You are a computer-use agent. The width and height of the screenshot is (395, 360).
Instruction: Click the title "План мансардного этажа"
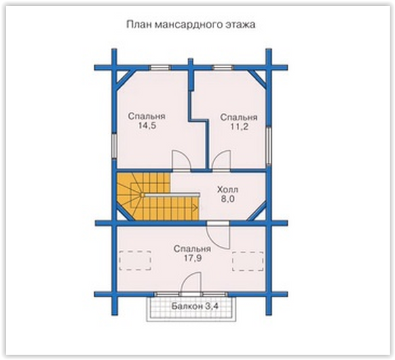click(x=191, y=25)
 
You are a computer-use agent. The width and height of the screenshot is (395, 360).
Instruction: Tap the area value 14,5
click(x=147, y=125)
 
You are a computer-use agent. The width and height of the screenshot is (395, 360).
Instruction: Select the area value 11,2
click(x=239, y=127)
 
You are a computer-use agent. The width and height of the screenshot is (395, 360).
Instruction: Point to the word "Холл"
click(x=228, y=190)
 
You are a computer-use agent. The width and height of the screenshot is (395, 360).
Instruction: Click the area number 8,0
click(x=228, y=199)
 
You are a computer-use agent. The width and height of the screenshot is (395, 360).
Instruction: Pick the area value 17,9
click(x=193, y=258)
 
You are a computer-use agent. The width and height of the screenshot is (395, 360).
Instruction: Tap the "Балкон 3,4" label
click(x=195, y=306)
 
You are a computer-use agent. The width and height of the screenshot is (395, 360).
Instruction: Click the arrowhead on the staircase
click(x=195, y=208)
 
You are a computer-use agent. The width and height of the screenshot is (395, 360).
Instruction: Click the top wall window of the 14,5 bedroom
click(x=160, y=68)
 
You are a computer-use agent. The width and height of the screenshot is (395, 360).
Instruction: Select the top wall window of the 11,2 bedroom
click(x=223, y=68)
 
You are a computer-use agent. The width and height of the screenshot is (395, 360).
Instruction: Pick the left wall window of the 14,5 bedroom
click(x=115, y=146)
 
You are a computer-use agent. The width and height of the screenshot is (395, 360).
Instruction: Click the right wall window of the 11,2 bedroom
click(x=269, y=146)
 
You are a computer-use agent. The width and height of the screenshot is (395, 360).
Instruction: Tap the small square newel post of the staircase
click(x=142, y=195)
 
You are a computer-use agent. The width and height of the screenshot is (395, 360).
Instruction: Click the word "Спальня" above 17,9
click(x=192, y=249)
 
